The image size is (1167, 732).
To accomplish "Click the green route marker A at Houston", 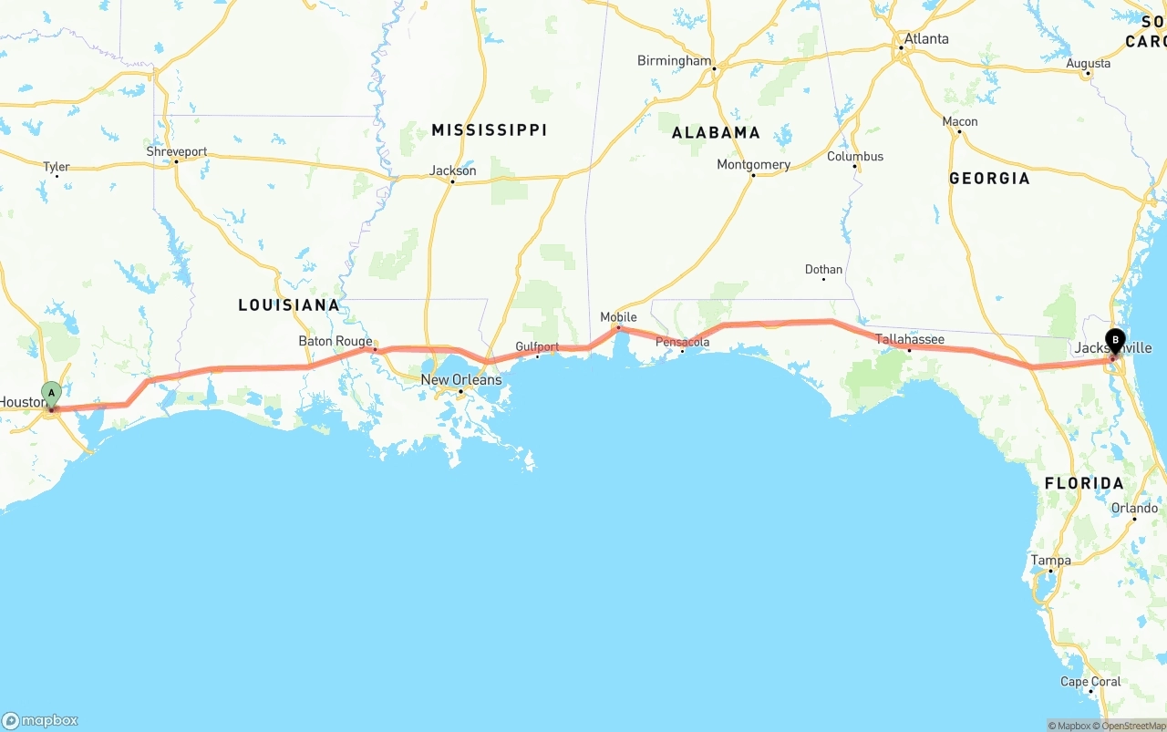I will (51, 395).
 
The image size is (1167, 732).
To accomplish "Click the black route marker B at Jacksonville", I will (1115, 342).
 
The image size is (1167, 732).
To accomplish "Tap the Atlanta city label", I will (925, 39).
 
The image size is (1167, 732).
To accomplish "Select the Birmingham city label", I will (674, 61).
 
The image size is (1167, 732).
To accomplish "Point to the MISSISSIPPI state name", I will (489, 130).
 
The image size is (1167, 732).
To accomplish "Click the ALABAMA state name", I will (716, 133).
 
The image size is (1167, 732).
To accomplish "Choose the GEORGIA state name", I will (989, 179).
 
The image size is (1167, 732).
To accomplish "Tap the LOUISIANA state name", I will (289, 305).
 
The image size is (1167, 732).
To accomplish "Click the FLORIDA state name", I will (1084, 483).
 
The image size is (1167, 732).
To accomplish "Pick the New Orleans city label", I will (460, 380).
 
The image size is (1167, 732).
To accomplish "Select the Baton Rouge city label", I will (336, 342).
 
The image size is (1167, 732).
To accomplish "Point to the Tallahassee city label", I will (910, 340).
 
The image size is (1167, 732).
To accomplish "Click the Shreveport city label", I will (177, 152).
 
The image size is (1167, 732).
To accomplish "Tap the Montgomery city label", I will (753, 165).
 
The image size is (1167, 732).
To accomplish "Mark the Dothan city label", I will (823, 270).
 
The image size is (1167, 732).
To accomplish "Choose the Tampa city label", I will (1050, 561).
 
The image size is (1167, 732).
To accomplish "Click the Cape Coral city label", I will (1090, 682).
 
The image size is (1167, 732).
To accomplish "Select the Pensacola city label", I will (682, 343).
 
